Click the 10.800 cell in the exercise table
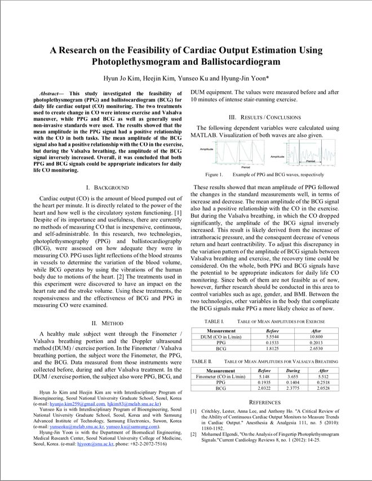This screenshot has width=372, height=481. coord(316,336)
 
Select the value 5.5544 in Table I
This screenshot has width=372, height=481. coord(272,336)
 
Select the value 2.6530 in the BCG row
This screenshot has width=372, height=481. coord(316,349)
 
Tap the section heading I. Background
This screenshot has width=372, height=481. coord(107,187)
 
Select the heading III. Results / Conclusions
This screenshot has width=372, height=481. coord(264,117)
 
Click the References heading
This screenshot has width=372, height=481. coord(264,402)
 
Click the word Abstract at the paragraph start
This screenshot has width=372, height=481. coord(51,93)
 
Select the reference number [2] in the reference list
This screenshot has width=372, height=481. coord(193,434)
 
